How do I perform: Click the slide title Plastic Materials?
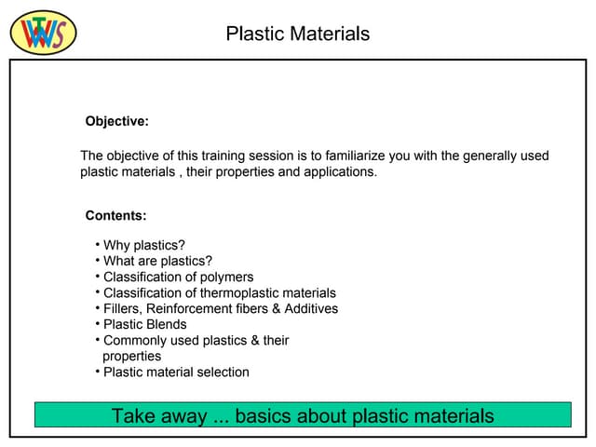pos(297,34)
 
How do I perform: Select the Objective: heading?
pos(116,121)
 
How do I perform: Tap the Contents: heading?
pos(115,216)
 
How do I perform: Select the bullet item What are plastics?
pos(157,262)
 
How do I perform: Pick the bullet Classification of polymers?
pos(178,278)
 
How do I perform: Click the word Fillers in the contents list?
pos(122,309)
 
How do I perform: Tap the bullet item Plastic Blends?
pos(144,325)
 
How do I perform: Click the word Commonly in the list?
pos(134,341)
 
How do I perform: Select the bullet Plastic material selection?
pos(176,372)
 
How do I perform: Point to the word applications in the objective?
pos(340,172)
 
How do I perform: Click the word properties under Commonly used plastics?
pos(131,357)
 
